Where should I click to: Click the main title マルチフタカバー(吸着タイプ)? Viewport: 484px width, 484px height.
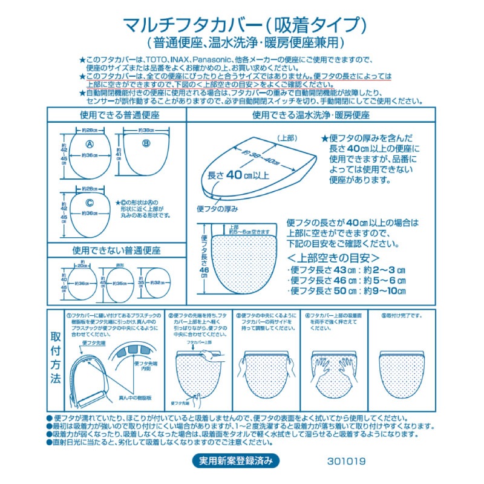(244, 25)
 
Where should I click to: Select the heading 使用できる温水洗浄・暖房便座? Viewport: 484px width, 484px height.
(311, 114)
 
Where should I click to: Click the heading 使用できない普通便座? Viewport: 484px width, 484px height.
(116, 249)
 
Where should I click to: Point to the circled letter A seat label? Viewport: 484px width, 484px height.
(89, 144)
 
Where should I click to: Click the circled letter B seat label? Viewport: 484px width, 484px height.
(145, 143)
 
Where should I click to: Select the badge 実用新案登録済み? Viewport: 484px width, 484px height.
(237, 460)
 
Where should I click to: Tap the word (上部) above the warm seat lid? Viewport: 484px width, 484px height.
(287, 138)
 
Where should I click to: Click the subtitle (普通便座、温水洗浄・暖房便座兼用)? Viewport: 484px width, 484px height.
(245, 44)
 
